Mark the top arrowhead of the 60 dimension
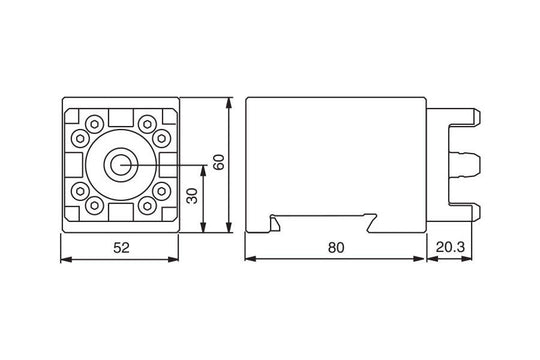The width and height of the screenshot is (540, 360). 231,102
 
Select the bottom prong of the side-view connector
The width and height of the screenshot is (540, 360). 470,209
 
